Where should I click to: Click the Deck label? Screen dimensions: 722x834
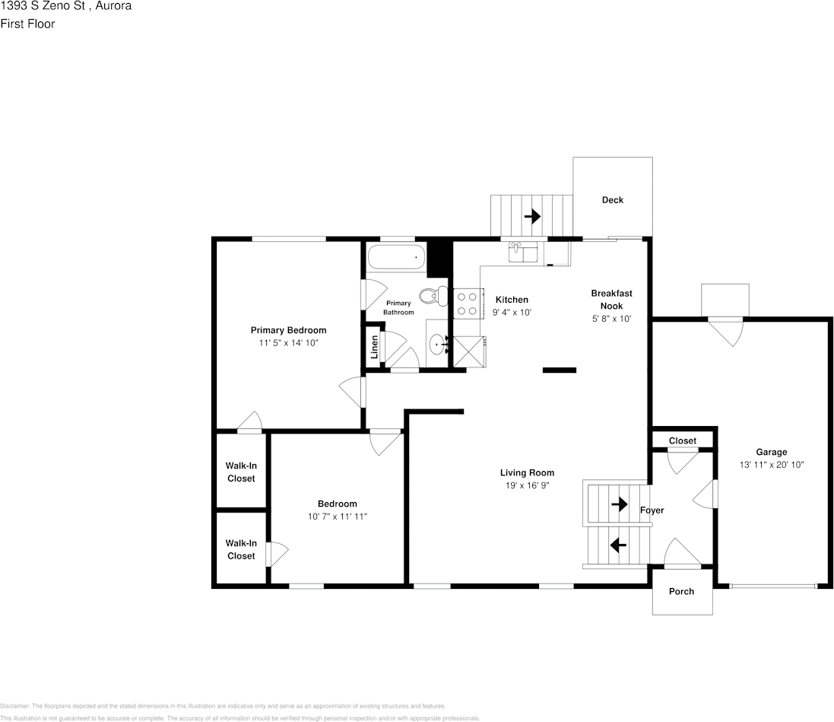coord(612,200)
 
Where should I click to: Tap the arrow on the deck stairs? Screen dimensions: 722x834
coord(531,216)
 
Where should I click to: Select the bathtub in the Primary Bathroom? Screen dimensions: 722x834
coord(395,258)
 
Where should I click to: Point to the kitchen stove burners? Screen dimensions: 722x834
coord(467,303)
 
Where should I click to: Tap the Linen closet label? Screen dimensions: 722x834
coord(374,348)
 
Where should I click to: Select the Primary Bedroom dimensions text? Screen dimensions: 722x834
coord(288,343)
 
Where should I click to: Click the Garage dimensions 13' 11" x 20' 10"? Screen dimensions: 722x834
coord(771,465)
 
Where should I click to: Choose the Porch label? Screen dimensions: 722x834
coord(681,591)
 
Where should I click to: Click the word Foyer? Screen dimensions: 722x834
coord(652,510)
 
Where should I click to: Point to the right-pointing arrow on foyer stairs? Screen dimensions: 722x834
coord(620,504)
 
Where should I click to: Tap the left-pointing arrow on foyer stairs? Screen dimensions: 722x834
coord(617,545)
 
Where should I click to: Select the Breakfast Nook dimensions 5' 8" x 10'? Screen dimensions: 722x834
coord(611,319)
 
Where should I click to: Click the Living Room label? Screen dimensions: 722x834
coord(527,472)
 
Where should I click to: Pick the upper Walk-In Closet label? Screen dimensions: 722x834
coord(241,472)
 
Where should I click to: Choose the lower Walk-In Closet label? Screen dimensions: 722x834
coord(241,549)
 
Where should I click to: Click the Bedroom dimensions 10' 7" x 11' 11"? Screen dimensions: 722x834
coord(337,517)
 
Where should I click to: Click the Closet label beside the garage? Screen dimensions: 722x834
coord(682,441)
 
